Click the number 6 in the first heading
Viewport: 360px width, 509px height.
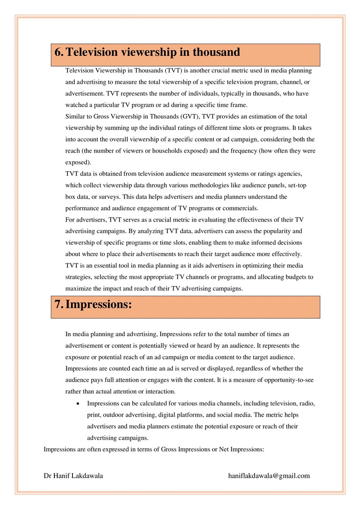pos(58,52)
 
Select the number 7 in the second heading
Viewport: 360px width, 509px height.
pos(58,304)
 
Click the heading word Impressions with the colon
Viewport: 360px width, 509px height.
pos(99,304)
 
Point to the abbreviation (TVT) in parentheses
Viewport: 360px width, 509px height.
pos(174,71)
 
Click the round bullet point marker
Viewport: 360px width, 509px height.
pos(79,404)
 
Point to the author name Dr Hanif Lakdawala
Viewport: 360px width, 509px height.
pos(73,476)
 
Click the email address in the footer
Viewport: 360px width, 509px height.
pos(269,476)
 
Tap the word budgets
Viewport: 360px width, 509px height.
pos(295,277)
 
